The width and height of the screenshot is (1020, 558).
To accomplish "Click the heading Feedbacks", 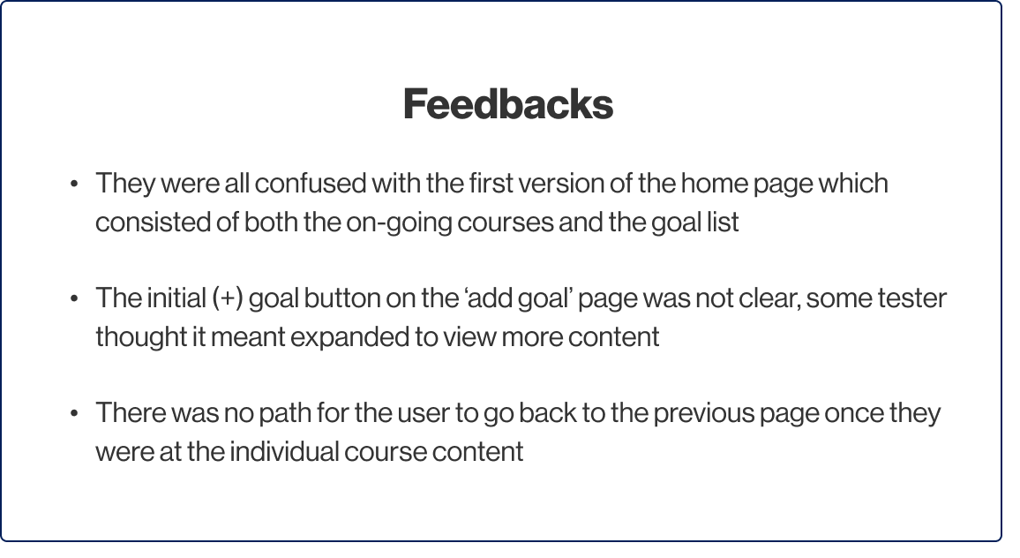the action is (508, 104).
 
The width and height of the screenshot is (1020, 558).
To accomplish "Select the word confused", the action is (311, 184).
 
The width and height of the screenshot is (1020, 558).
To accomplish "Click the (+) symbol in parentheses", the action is (228, 298).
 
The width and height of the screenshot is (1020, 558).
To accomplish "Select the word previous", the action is (703, 414).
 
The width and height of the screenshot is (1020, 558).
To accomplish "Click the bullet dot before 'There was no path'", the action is (74, 413).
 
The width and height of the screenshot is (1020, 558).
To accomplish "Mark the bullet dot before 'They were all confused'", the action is (74, 184).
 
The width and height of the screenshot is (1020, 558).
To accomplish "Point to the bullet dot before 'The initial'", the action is (74, 298).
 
